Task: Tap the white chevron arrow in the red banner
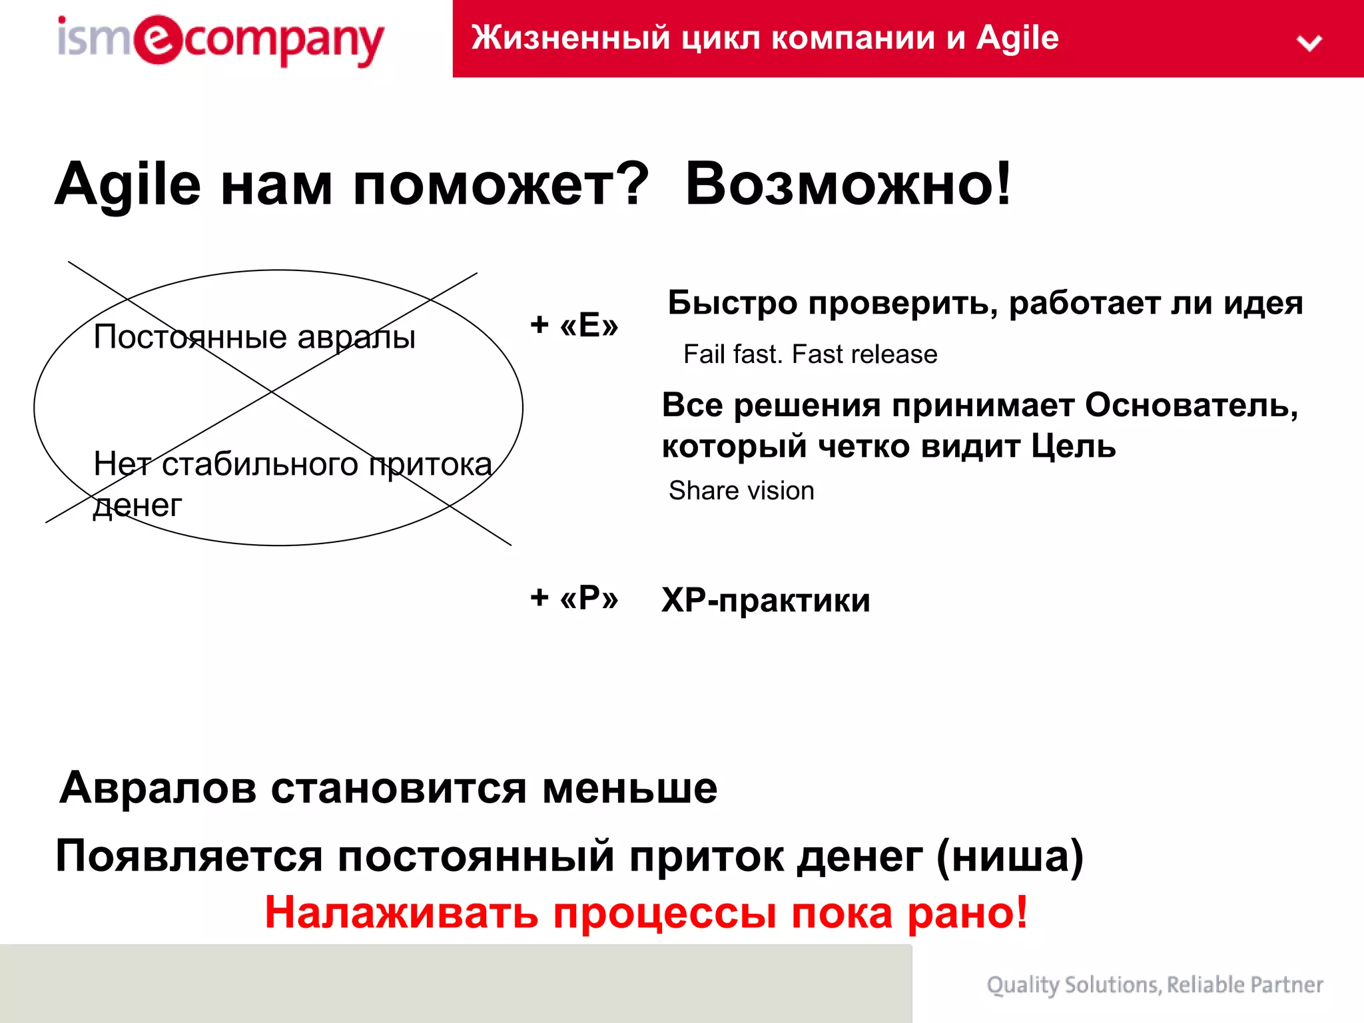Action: [1309, 43]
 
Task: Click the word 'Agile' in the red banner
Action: [1017, 38]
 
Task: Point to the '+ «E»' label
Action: [574, 325]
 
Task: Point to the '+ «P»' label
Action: [574, 597]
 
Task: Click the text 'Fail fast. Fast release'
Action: [810, 354]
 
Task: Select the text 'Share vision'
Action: [741, 491]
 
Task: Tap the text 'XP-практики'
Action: [766, 600]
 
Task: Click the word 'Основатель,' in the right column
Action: [1192, 405]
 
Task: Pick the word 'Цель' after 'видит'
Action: [1073, 446]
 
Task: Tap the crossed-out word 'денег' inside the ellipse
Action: [137, 506]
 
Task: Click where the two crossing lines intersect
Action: [271, 392]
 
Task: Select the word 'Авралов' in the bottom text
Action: [158, 788]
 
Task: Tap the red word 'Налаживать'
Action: [401, 912]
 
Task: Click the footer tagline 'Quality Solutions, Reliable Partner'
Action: [1155, 984]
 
